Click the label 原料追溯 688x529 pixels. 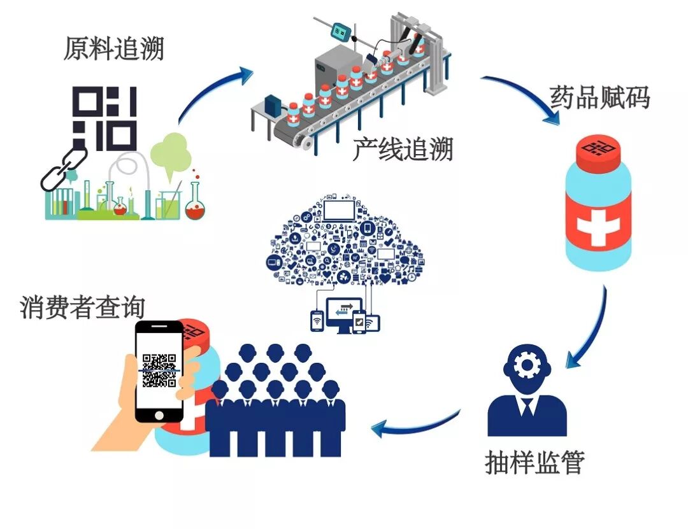tap(113, 48)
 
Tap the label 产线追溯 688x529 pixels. tap(403, 150)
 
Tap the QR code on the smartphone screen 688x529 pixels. tap(159, 370)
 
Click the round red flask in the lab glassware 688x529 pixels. tap(192, 208)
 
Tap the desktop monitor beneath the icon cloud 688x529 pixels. tap(343, 312)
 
